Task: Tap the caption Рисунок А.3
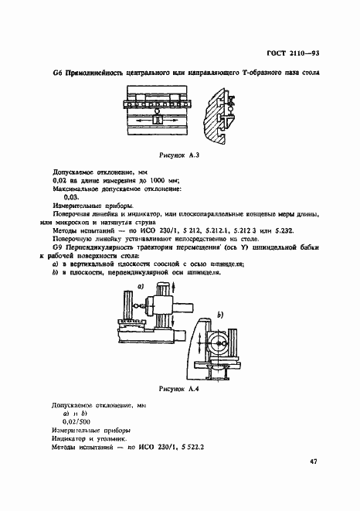point(179,155)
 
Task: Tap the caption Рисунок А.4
point(179,390)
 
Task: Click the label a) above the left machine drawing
point(142,286)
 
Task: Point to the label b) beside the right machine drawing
point(219,315)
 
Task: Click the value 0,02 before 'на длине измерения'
point(58,179)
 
